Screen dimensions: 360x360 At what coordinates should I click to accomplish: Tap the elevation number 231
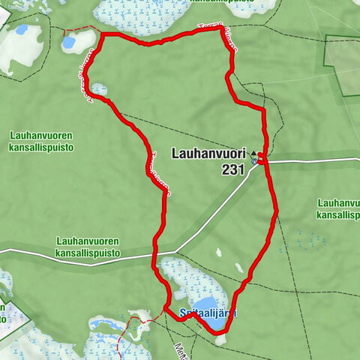233,170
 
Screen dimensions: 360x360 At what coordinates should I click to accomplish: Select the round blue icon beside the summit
256,160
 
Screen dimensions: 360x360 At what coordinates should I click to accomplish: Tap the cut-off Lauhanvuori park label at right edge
338,208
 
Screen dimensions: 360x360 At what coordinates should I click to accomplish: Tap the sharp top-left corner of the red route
101,34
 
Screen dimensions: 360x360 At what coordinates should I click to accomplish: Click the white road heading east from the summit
315,160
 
